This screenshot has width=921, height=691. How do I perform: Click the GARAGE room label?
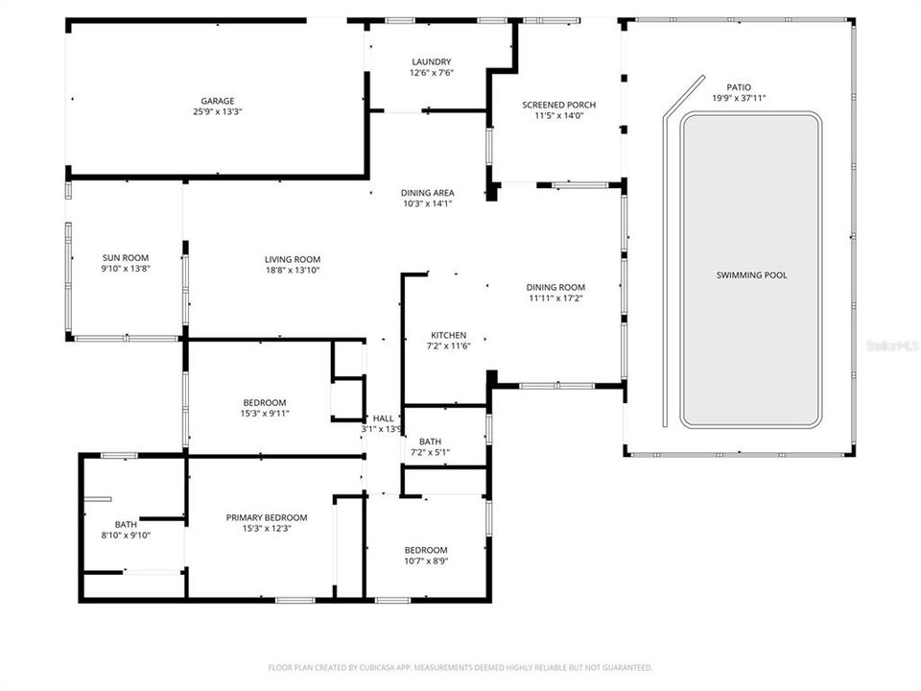click(217, 101)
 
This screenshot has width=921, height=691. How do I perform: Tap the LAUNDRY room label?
click(431, 61)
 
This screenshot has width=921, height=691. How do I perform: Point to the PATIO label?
click(739, 86)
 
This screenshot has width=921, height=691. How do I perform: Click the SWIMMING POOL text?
click(751, 275)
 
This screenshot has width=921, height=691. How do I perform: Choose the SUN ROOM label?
click(126, 257)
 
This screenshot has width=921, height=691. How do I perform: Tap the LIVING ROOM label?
click(293, 259)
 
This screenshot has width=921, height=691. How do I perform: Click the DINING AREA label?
click(427, 192)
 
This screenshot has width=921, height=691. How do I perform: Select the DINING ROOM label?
click(555, 287)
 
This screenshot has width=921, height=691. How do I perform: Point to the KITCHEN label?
click(448, 335)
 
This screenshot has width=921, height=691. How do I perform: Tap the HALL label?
click(383, 418)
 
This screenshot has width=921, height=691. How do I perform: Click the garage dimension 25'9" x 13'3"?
click(217, 112)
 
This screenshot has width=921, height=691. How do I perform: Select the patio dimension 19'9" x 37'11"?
click(739, 98)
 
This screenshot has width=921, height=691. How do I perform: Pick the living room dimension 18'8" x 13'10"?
click(293, 271)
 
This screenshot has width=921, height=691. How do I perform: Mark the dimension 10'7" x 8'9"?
click(426, 561)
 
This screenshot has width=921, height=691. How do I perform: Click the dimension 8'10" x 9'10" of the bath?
click(126, 536)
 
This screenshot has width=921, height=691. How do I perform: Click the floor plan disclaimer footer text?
click(460, 667)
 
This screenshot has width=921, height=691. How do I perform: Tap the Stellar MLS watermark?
click(892, 344)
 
